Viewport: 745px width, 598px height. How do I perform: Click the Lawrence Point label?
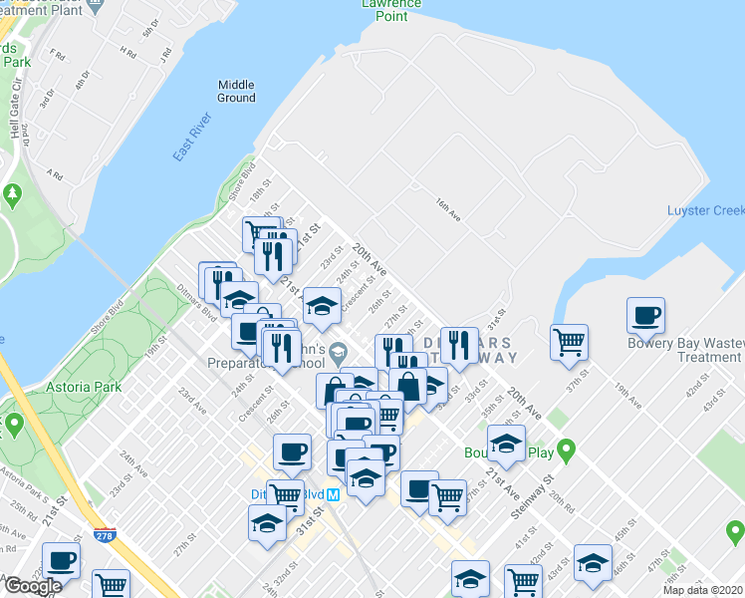[384, 10]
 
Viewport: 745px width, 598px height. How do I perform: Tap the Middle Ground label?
[236, 91]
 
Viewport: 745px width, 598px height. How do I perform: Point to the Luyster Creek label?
[705, 210]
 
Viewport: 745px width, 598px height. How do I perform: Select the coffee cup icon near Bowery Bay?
[645, 315]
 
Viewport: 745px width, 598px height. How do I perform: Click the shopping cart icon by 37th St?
[569, 342]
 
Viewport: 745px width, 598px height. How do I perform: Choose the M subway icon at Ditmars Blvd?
[334, 493]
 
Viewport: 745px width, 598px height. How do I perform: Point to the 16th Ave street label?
[447, 208]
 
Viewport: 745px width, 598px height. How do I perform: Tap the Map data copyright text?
[703, 590]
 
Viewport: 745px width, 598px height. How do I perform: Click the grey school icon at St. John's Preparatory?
[339, 350]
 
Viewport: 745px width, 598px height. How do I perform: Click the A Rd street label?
[56, 174]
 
